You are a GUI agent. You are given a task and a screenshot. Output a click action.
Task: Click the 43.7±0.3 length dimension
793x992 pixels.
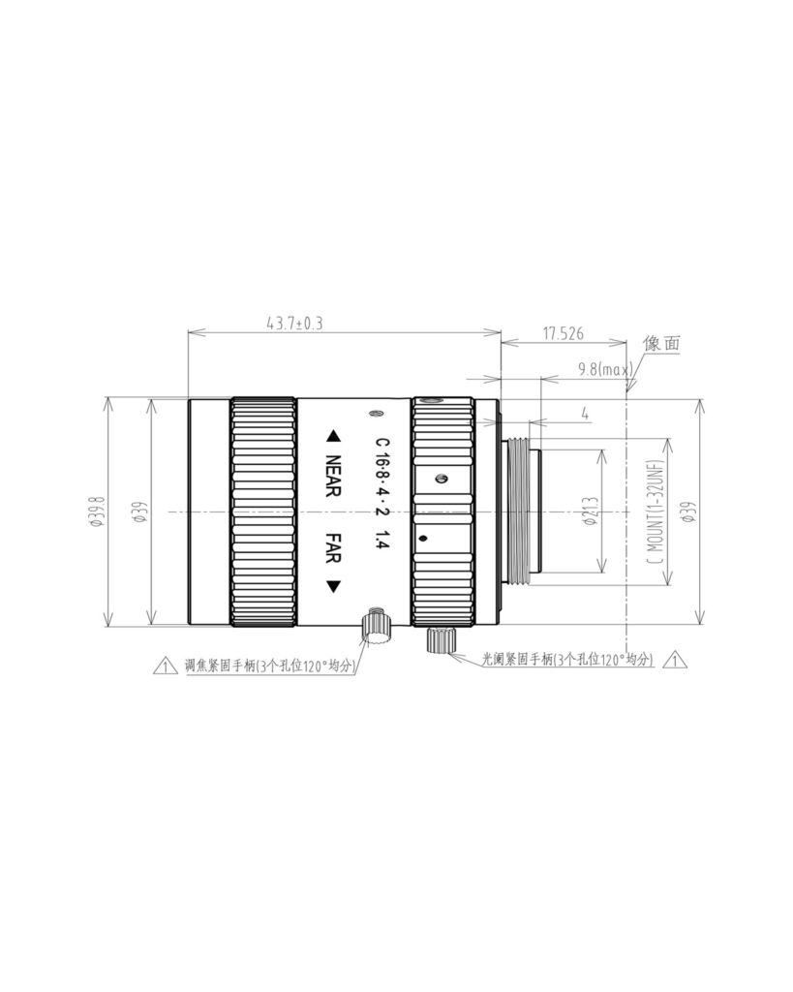point(294,324)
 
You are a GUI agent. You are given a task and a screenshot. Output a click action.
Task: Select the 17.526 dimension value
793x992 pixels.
point(564,333)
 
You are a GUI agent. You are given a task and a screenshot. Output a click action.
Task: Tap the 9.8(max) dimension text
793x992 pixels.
point(605,369)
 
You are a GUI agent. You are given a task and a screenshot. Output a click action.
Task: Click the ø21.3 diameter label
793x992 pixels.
point(592,511)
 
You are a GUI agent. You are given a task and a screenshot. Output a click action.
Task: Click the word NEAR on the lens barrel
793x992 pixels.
point(333,476)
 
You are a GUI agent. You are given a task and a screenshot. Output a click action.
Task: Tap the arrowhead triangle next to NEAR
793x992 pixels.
point(333,437)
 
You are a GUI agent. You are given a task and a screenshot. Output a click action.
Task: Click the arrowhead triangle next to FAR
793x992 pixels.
point(333,587)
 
